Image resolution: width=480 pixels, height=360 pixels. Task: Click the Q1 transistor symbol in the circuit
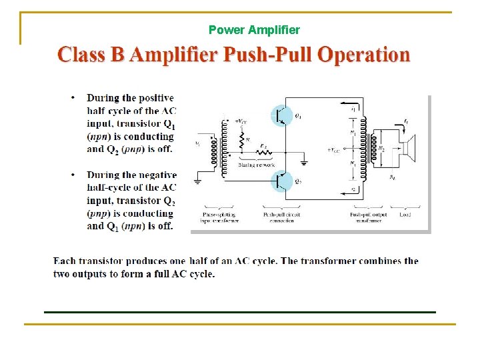[281, 116]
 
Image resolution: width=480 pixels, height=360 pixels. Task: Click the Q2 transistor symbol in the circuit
[281, 181]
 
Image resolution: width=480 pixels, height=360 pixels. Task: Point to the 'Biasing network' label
[255, 165]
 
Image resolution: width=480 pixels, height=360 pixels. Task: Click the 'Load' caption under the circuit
[404, 214]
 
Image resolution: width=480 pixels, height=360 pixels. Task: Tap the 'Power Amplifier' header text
[254, 30]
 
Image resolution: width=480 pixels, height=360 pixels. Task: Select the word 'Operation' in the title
[363, 54]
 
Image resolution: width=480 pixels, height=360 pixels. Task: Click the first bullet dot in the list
[73, 98]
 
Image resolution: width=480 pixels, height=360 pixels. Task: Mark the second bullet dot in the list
[73, 175]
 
